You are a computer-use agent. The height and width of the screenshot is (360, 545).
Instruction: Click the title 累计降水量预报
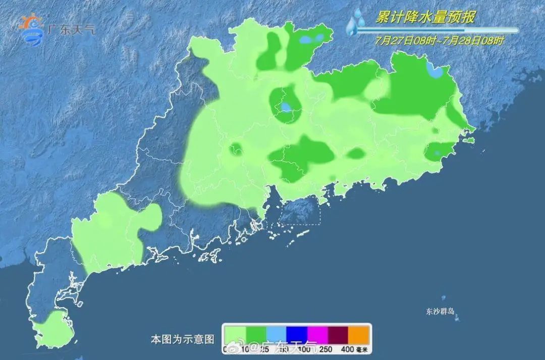(x=424, y=18)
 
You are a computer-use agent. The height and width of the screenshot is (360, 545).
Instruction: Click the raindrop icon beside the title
(x=356, y=23)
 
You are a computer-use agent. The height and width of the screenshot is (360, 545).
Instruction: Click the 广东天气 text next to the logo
(x=71, y=29)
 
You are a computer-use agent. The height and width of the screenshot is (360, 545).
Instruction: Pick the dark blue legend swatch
(x=297, y=334)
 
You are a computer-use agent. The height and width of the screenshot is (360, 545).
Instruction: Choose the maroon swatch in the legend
(x=339, y=334)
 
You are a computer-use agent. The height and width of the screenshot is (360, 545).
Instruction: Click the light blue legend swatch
(x=277, y=334)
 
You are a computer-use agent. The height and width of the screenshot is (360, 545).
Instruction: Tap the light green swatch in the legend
(x=235, y=334)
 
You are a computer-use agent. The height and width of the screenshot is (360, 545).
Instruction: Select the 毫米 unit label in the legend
(x=362, y=349)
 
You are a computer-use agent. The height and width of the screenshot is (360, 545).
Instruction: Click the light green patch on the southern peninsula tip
(x=53, y=331)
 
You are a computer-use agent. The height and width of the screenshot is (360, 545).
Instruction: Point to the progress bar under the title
(x=437, y=30)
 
